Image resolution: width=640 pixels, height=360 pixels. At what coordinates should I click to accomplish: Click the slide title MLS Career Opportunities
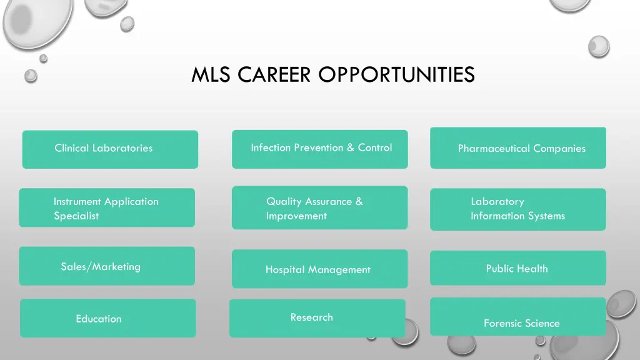[x=332, y=75]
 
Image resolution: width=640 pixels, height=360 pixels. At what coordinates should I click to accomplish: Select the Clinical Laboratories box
[x=110, y=149]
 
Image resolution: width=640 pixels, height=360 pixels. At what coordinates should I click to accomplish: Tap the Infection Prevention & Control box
[x=319, y=149]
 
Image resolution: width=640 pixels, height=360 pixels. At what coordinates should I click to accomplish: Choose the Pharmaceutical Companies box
[x=517, y=148]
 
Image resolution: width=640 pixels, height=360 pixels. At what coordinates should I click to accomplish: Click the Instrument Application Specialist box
[x=107, y=207]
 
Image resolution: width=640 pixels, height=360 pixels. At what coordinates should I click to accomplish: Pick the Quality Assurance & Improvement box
[x=319, y=207]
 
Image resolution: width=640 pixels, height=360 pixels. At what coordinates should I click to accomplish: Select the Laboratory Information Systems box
[x=517, y=209]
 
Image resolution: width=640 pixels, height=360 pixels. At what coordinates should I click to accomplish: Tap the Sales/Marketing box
[x=107, y=266]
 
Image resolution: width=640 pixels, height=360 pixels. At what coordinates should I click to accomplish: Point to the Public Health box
[x=517, y=268]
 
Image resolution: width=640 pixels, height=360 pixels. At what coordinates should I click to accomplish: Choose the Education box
[x=107, y=318]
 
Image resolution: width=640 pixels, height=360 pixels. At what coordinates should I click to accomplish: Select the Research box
[x=317, y=318]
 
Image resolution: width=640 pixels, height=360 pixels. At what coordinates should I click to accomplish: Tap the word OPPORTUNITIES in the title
[x=396, y=75]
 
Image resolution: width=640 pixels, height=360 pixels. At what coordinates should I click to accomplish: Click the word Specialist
[x=76, y=216]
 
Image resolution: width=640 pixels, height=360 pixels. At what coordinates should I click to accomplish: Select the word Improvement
[x=296, y=216]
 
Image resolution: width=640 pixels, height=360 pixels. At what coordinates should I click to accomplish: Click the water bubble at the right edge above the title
[x=599, y=46]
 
